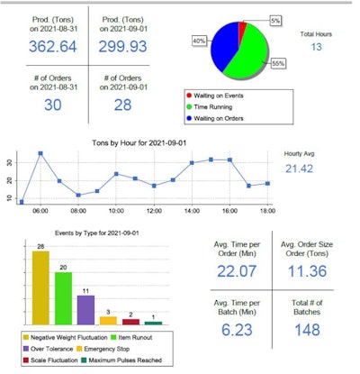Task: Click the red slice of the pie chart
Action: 242,33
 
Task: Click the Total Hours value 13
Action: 318,46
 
